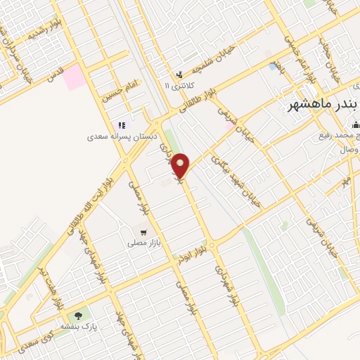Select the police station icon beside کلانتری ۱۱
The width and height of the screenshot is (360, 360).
pyautogui.click(x=179, y=74)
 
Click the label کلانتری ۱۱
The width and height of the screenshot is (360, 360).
pyautogui.click(x=177, y=85)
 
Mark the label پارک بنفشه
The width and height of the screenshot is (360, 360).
pyautogui.click(x=98, y=326)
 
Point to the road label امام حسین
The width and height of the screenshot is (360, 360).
pyautogui.click(x=120, y=92)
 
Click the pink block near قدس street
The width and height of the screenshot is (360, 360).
pyautogui.click(x=74, y=79)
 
